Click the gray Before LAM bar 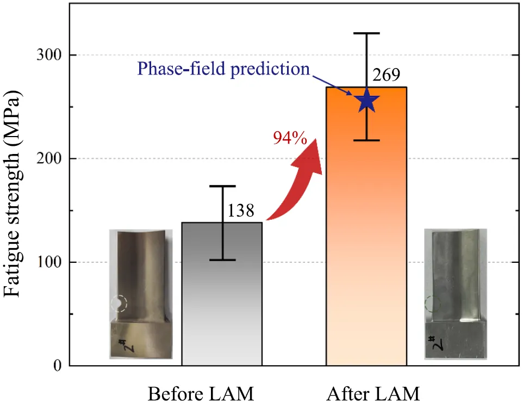click(222, 294)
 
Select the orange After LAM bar click(366, 226)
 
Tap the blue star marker click(366, 100)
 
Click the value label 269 click(386, 75)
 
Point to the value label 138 click(241, 211)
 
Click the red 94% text click(290, 138)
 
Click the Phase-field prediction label click(223, 69)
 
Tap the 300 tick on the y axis click(49, 55)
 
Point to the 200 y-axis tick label click(49, 158)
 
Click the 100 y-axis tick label click(49, 262)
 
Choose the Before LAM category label click(201, 394)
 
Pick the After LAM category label click(373, 394)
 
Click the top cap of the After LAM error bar click(366, 33)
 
